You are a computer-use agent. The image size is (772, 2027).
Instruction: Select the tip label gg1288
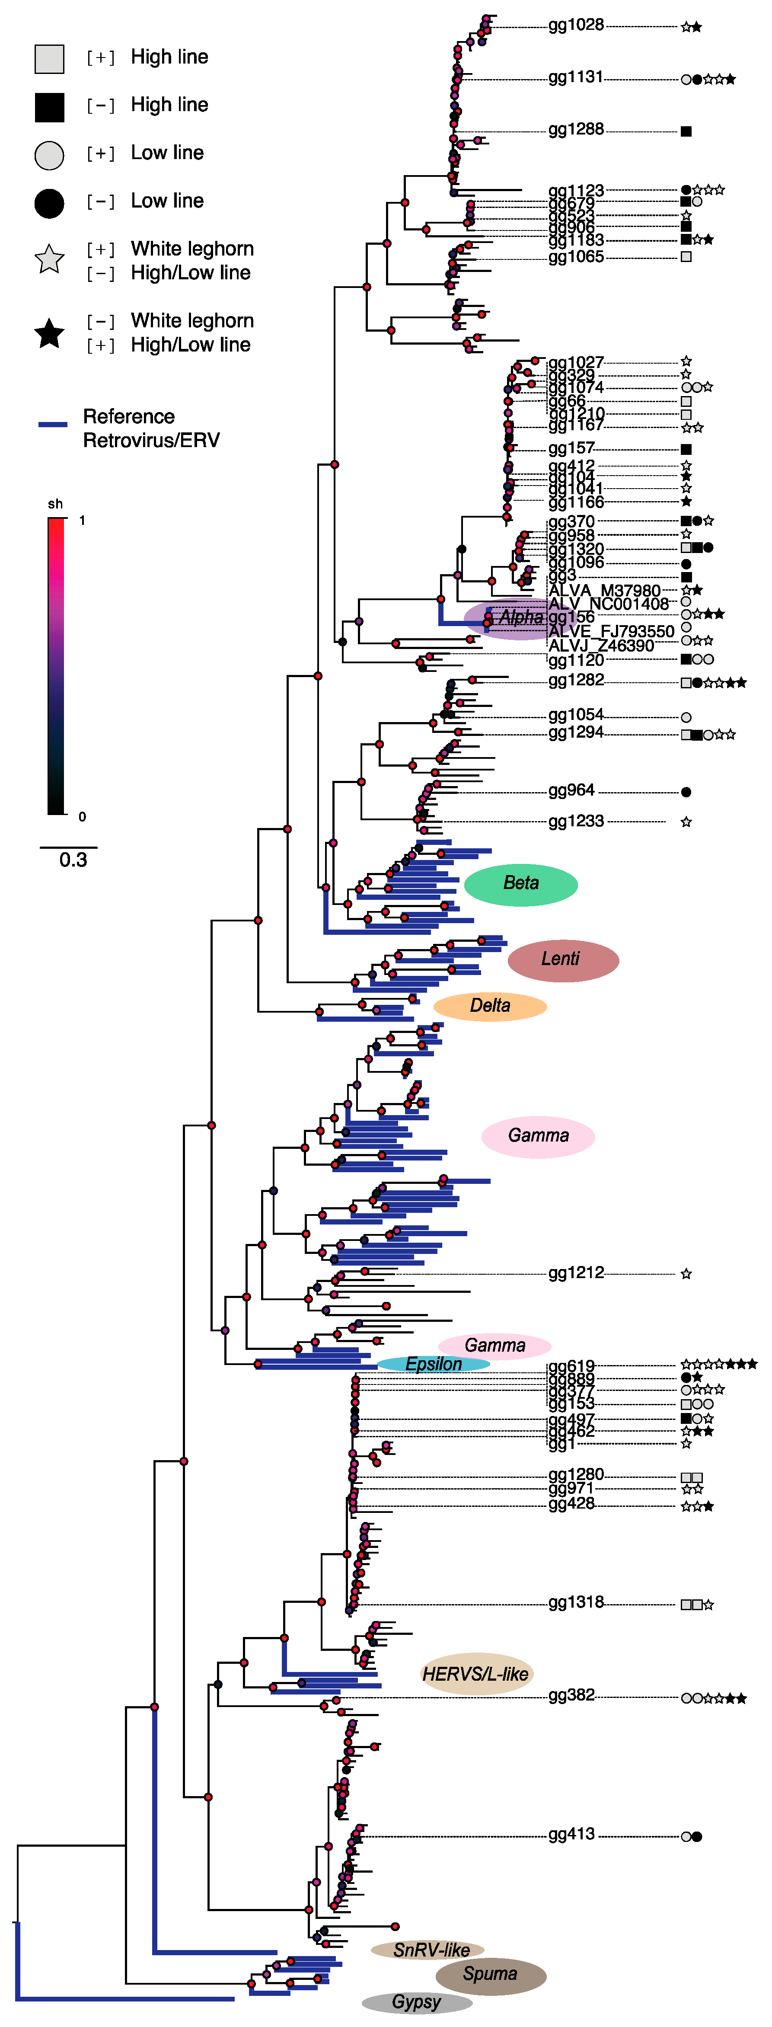(576, 130)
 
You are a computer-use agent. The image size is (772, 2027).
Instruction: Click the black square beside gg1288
(686, 131)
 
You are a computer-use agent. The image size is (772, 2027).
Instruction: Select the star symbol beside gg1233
(686, 822)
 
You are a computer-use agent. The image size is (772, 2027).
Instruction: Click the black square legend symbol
(50, 107)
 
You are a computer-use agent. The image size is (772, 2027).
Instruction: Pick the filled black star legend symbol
(50, 334)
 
